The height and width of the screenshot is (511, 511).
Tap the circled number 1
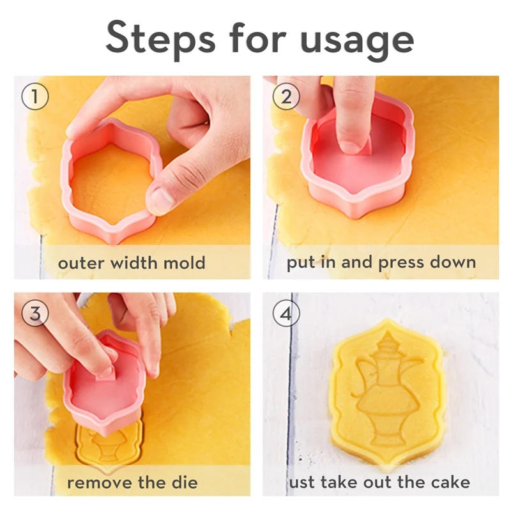click(34, 96)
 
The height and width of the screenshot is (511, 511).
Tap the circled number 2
click(286, 96)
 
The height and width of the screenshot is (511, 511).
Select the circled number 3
click(34, 314)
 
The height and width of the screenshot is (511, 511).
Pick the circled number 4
click(286, 314)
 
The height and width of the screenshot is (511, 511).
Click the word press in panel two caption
click(397, 263)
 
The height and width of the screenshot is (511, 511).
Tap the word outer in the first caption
click(80, 263)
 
